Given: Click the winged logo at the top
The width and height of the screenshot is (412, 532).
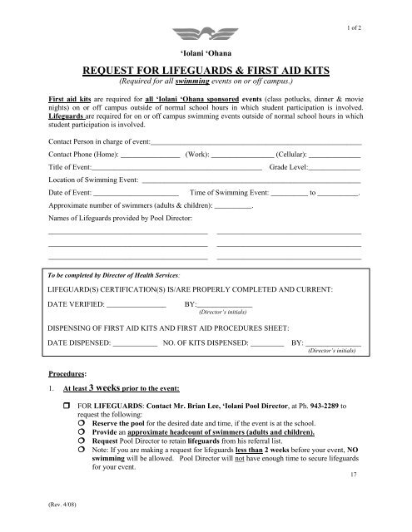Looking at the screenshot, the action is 206,33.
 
